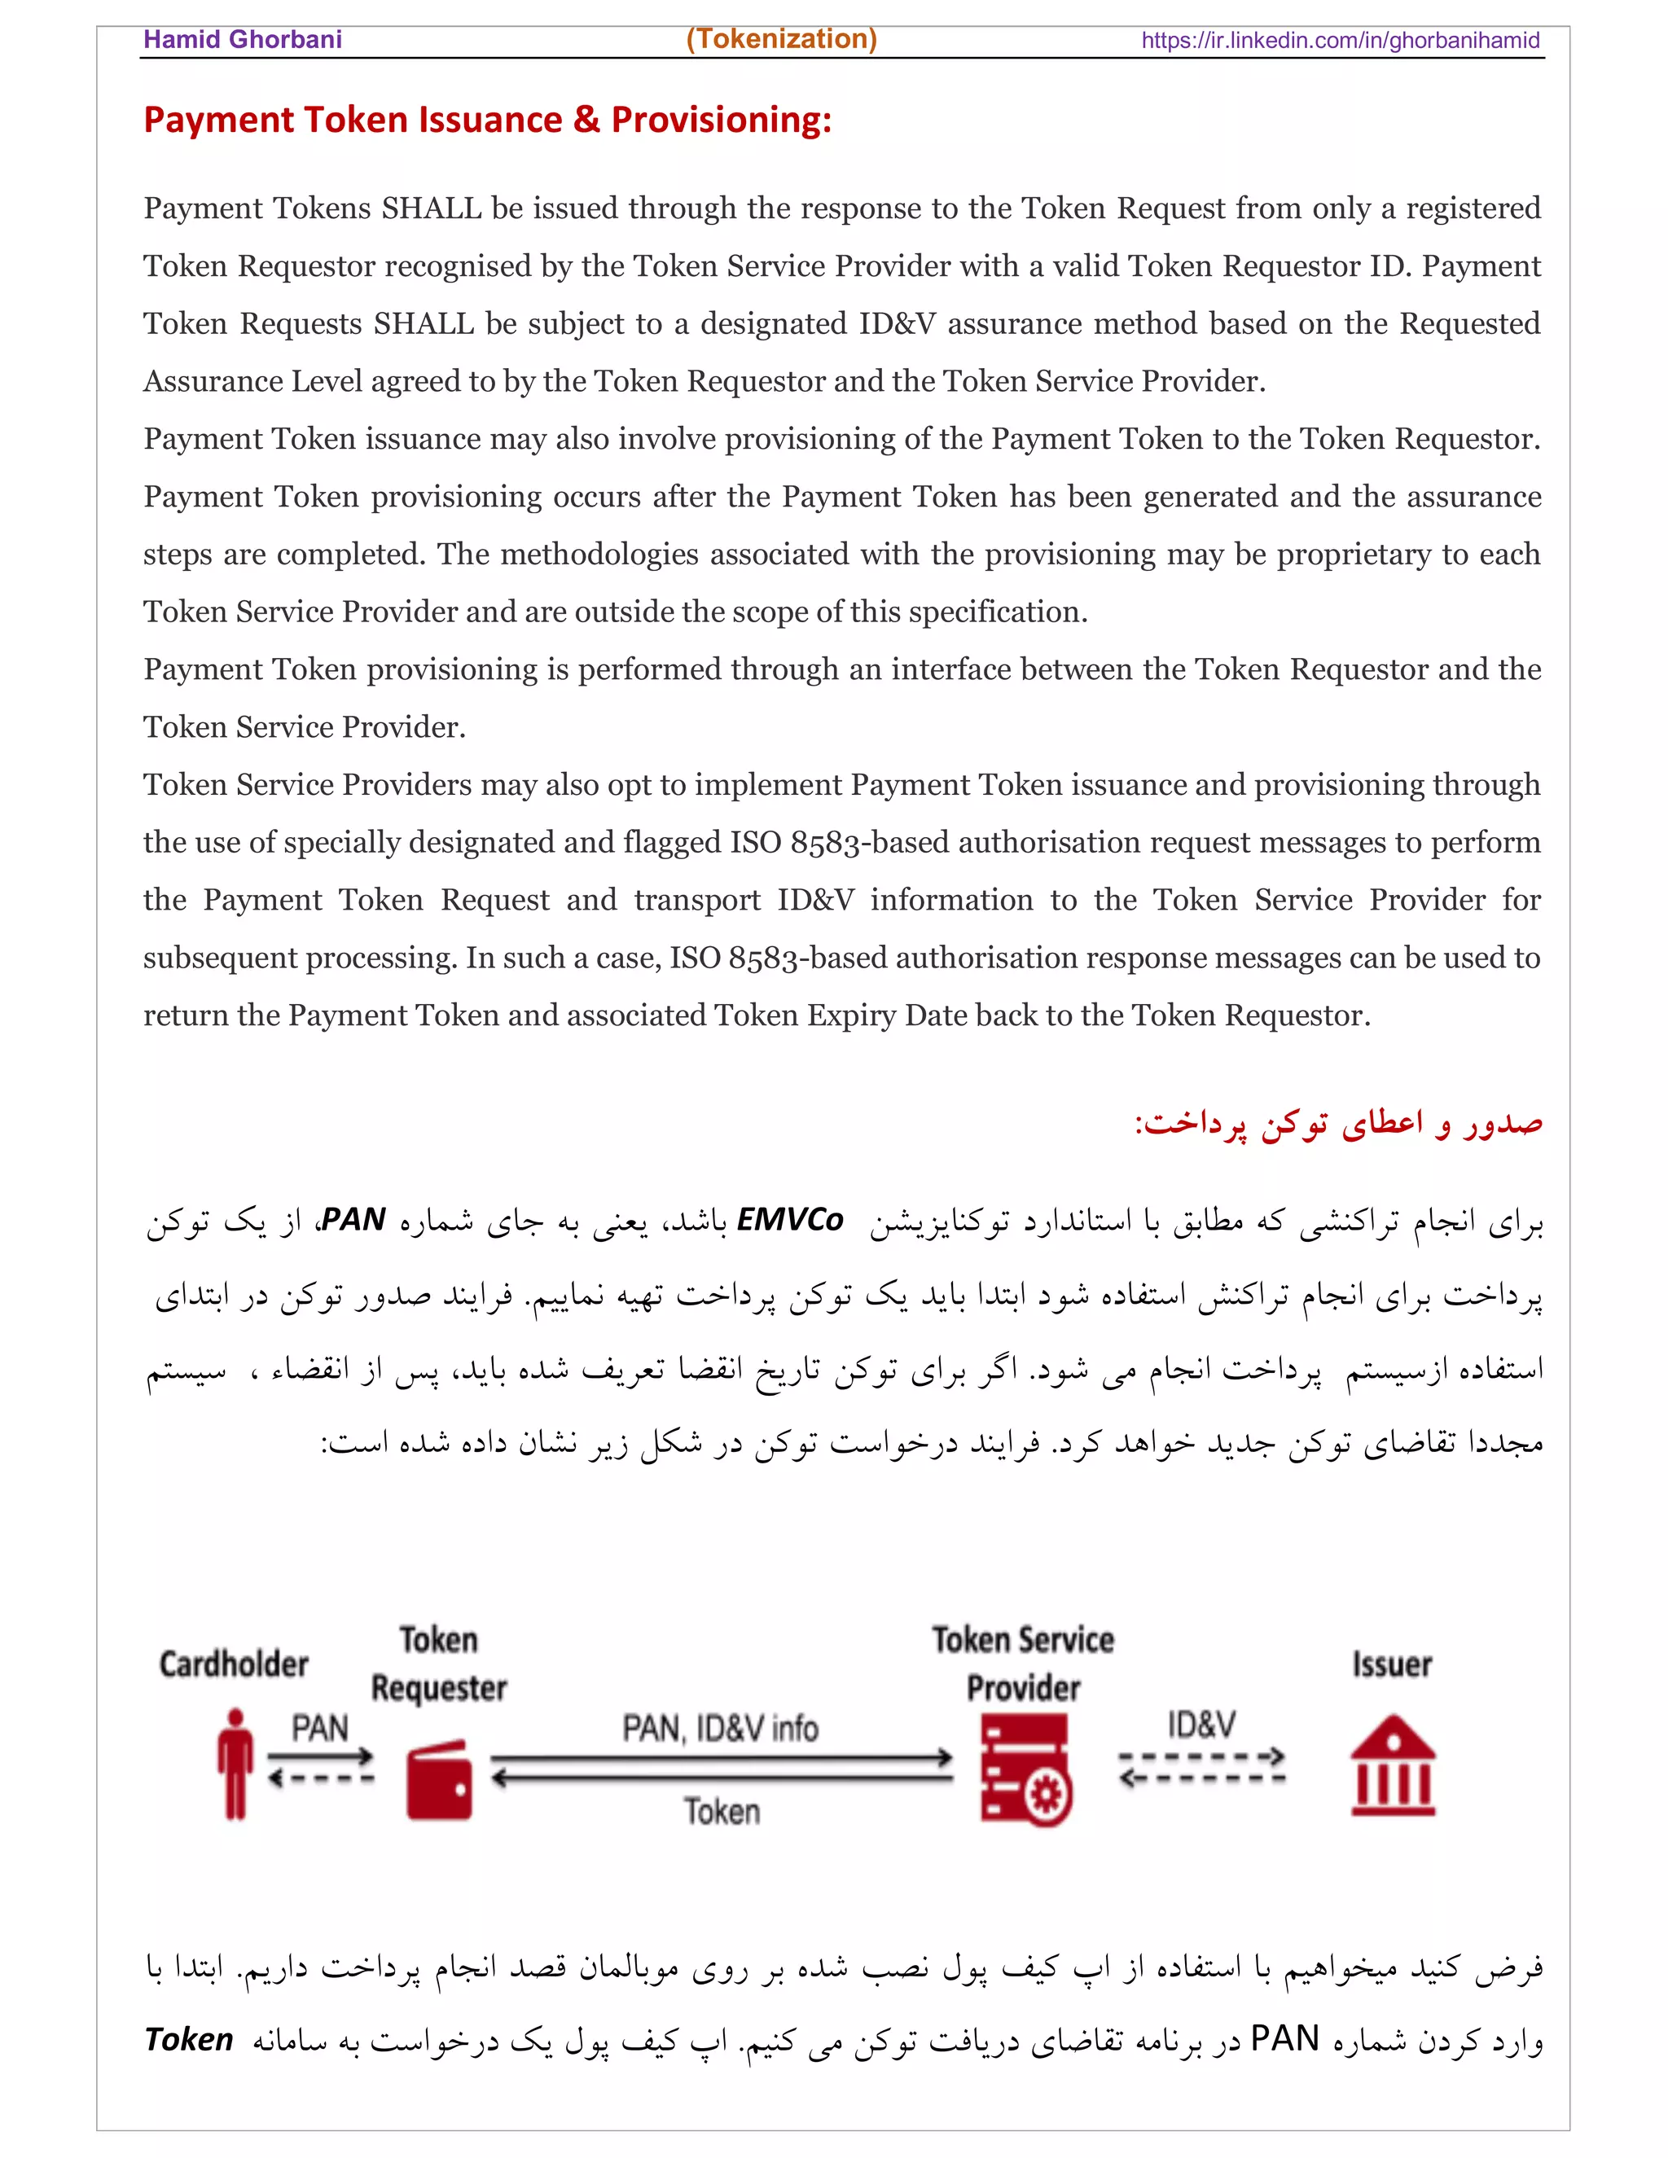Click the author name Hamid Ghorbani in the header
tap(242, 40)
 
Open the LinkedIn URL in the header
tap(1340, 41)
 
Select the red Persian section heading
tap(1338, 1124)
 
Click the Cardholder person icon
tap(235, 1764)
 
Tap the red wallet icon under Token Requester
tap(439, 1779)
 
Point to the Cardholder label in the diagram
tap(235, 1664)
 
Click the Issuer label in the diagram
tap(1391, 1664)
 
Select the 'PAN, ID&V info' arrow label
tap(720, 1728)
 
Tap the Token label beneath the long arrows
tap(722, 1811)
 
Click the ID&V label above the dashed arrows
tap(1201, 1724)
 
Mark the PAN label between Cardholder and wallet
tap(319, 1728)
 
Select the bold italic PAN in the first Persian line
tap(353, 1219)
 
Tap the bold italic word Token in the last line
tap(189, 2038)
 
